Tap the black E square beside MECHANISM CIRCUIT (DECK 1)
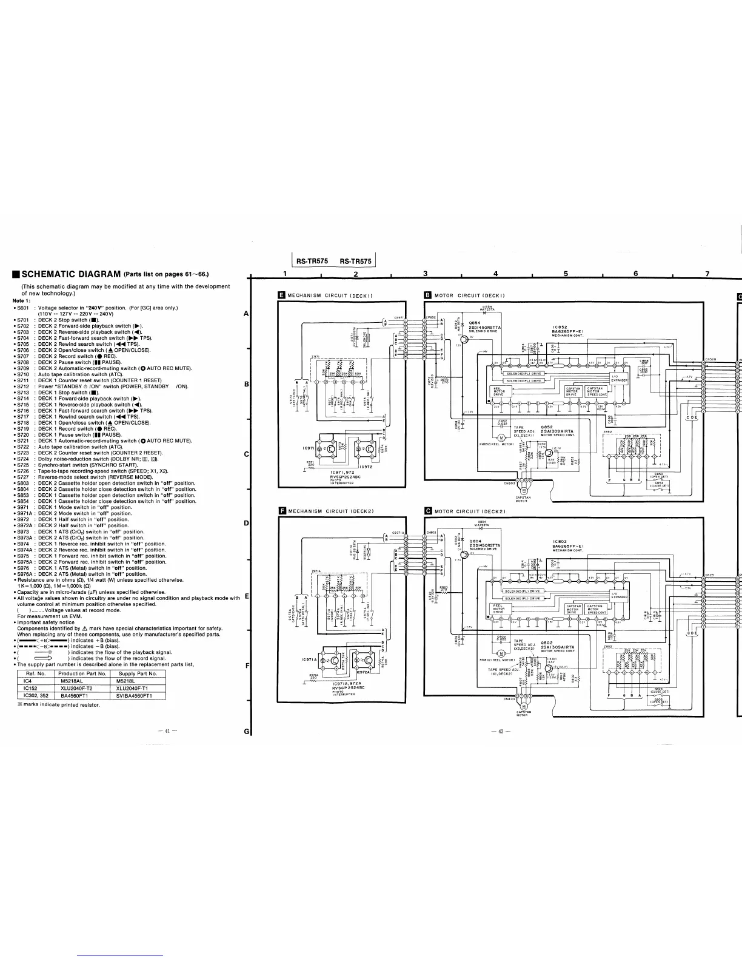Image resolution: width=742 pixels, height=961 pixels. (281, 295)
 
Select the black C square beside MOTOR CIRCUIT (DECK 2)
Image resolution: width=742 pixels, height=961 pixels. (428, 511)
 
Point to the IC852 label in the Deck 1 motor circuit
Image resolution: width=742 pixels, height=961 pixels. (560, 326)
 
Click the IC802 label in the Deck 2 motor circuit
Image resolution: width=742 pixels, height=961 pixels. (560, 541)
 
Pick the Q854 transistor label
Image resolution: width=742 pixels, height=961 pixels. (475, 323)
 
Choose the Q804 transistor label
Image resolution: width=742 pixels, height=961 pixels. (475, 541)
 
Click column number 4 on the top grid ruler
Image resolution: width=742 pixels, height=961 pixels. (496, 274)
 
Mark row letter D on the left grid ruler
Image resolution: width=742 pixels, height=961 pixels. (246, 523)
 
